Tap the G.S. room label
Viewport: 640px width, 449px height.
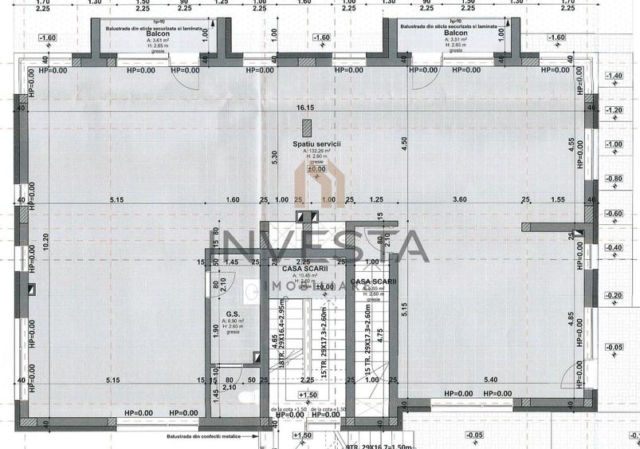pos(232,314)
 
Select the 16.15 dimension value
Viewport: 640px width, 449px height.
pos(307,107)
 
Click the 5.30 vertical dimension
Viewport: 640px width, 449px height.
pos(275,157)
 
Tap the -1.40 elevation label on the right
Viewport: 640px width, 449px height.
pos(614,76)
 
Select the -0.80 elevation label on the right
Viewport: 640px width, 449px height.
pos(614,179)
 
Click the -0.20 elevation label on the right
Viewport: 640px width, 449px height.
pos(614,295)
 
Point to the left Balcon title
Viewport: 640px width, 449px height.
pos(157,34)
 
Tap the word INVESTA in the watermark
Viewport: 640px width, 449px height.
pos(319,246)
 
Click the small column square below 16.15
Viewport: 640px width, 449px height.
pos(307,128)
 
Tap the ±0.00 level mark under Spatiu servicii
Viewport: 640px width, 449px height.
pos(316,169)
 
